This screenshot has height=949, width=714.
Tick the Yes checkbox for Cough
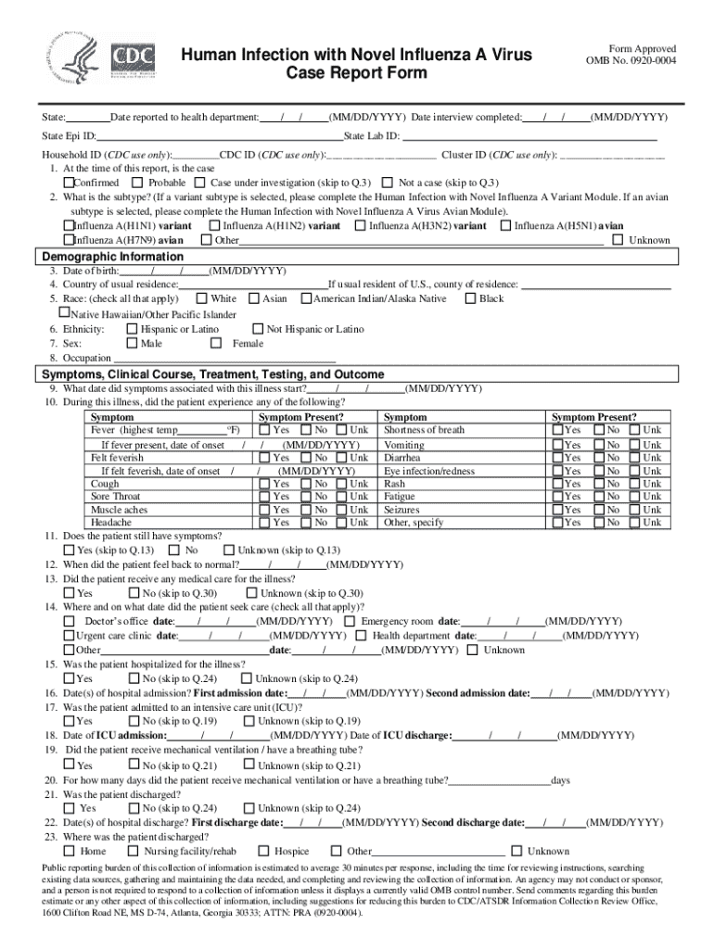pos(265,484)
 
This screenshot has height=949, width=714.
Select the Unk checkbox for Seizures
pos(633,510)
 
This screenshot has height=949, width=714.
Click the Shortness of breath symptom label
pos(424,430)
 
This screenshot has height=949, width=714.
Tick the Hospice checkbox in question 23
pos(264,851)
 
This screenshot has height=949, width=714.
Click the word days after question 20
pos(560,780)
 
